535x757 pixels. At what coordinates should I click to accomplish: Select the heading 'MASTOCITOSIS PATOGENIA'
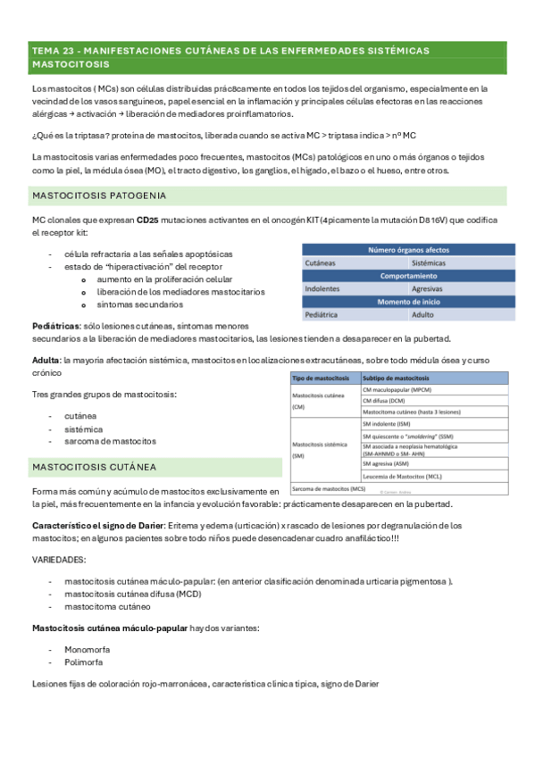[x=100, y=195]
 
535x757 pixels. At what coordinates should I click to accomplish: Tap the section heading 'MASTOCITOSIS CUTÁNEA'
[x=94, y=467]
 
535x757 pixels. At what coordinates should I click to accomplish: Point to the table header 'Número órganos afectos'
[x=408, y=251]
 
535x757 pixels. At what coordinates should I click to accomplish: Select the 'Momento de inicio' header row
[x=408, y=302]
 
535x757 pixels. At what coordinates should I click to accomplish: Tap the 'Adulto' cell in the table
[x=422, y=315]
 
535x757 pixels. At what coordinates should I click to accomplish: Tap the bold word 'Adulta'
[x=46, y=358]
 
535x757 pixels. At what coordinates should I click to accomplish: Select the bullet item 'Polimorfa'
[x=83, y=662]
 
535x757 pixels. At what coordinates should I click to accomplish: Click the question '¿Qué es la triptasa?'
[x=76, y=135]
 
